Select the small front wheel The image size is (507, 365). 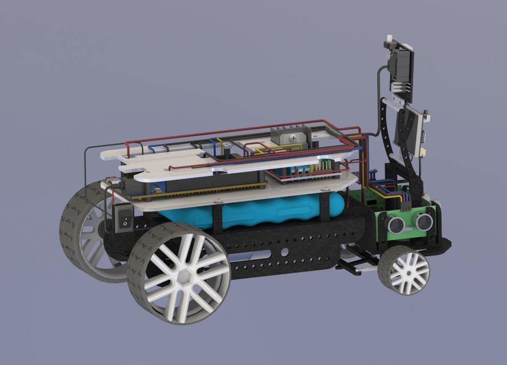[404, 270]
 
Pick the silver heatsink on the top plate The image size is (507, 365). [291, 136]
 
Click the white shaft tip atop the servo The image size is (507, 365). [390, 41]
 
